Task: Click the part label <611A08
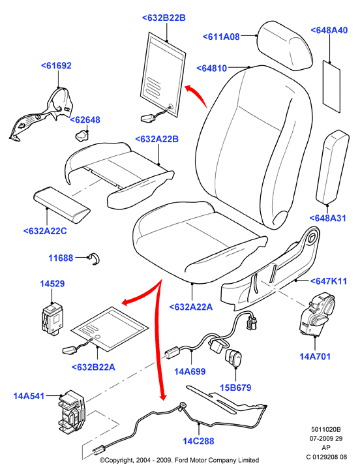point(221,37)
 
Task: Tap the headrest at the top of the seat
point(285,45)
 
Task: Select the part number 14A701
point(315,356)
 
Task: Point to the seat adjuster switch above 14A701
point(316,314)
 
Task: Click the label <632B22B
point(164,18)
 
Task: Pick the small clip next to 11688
point(95,258)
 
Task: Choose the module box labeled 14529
point(52,319)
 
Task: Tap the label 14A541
point(29,396)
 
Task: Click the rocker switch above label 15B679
point(234,358)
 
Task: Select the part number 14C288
point(198,441)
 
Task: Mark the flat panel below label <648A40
point(332,87)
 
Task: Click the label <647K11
point(329,281)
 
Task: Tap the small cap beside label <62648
point(82,136)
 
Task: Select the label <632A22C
point(45,231)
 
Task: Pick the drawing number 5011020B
point(326,429)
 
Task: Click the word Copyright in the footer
point(119,460)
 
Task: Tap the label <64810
point(212,68)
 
